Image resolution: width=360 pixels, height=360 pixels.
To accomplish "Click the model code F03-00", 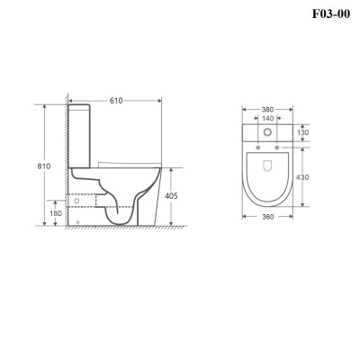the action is pos(331,13).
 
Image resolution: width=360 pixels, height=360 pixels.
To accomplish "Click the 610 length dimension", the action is pos(116,101).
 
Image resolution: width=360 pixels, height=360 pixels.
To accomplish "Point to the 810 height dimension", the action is pos(44,166).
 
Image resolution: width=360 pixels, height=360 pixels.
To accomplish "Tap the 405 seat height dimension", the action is pos(171,196).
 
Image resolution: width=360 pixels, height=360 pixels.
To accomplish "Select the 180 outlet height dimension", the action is pos(56,213).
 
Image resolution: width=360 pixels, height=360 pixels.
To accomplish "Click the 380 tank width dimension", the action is pos(267,110).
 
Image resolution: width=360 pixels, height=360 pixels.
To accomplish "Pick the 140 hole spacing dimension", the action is pos(267,119).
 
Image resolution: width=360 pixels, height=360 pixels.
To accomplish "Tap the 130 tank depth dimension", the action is pos(302,132).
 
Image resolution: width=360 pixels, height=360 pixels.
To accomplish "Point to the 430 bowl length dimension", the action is pos(302,177).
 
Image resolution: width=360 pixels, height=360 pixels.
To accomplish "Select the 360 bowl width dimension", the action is pos(267,217).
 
